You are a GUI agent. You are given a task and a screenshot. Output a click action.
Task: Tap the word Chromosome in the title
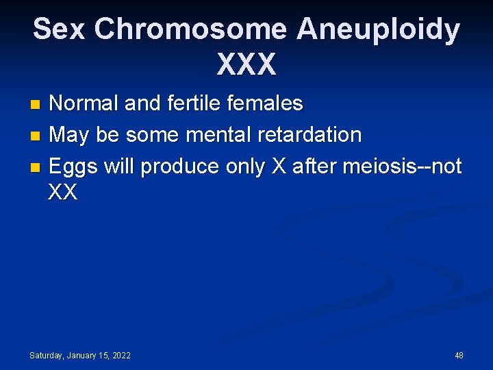point(190,30)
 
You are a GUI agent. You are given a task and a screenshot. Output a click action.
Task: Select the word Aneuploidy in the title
point(379,30)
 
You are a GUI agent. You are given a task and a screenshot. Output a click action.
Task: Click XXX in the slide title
point(246,64)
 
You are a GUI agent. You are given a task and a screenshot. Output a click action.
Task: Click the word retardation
point(312,135)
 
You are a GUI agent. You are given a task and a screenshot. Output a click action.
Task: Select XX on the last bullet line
point(63,193)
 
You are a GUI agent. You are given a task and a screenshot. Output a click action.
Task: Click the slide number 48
point(459,355)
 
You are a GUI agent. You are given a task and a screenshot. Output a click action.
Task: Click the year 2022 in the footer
point(121,355)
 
